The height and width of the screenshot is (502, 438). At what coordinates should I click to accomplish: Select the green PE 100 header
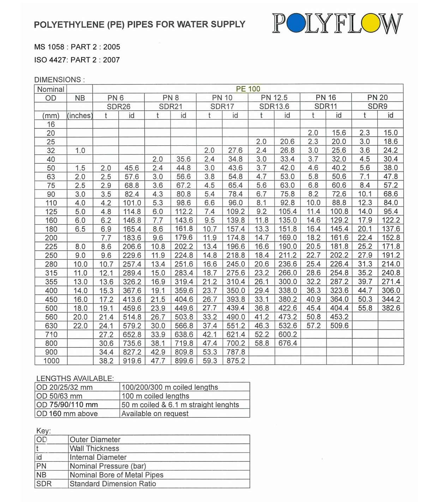coord(248,89)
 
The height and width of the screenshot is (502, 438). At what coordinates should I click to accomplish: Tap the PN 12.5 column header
coord(274,98)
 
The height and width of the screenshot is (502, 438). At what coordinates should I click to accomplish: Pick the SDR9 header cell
coord(377,106)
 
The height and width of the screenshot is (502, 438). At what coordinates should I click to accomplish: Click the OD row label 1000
coord(51,361)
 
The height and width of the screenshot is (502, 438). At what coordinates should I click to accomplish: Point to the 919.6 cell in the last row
coord(132,361)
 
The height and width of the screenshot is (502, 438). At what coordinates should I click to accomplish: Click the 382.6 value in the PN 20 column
coord(391,308)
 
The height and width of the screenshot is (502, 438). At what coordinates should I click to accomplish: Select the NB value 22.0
coord(80,326)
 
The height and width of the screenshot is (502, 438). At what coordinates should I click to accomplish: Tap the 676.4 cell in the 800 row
coord(288,343)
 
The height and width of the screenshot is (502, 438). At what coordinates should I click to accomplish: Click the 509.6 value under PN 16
coord(339,326)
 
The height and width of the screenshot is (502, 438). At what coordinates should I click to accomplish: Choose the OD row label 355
coord(51,282)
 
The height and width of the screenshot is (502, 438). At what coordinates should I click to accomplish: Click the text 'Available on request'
coord(155,413)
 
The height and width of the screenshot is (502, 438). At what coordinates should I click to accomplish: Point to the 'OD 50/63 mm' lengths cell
coord(59,396)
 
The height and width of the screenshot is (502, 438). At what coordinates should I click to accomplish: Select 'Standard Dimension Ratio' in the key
coord(113,484)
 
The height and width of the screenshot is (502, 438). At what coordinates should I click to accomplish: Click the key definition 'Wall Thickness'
coord(95,448)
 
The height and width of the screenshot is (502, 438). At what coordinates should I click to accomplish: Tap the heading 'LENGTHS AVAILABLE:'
coord(75,378)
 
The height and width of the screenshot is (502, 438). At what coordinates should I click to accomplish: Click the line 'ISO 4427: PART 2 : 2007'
coord(77,60)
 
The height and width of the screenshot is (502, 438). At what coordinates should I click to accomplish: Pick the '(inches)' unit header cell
coord(80,115)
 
